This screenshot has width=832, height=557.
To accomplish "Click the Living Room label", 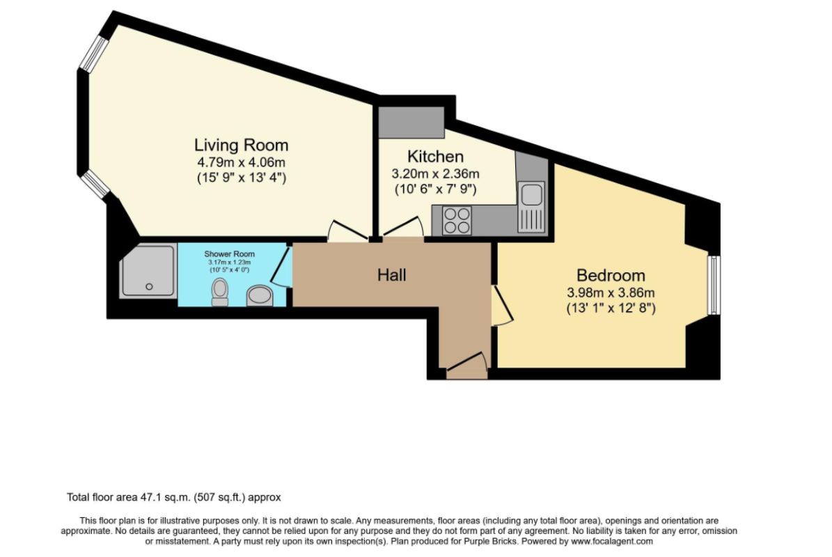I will point(241,146).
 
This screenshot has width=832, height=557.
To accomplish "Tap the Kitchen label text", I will point(435,157).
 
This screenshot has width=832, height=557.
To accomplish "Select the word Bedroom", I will point(609,275).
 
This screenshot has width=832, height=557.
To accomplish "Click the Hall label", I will point(391,275).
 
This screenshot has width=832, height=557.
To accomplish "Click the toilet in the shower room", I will point(220,292).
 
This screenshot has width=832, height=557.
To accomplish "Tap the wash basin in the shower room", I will point(260,296).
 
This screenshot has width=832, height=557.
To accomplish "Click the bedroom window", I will point(714,285).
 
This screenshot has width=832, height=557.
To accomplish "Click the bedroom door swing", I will point(501,306).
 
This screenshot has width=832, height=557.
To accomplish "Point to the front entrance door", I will point(465,365).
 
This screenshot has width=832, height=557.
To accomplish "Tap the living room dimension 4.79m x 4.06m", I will point(241,163).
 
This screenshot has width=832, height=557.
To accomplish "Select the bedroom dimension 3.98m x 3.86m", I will point(609,292).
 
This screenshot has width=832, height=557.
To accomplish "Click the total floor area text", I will point(173,497).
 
